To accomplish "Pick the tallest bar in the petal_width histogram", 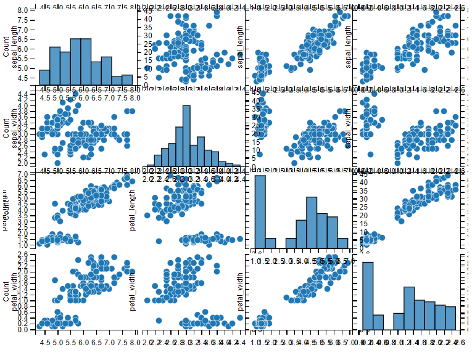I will coord(368,295).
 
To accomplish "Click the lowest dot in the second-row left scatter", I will coord(57,163).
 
